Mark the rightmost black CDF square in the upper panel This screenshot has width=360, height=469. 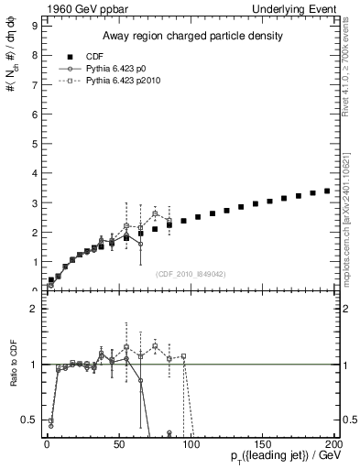tap(327, 191)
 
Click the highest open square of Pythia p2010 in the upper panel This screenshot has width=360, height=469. tap(155, 213)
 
